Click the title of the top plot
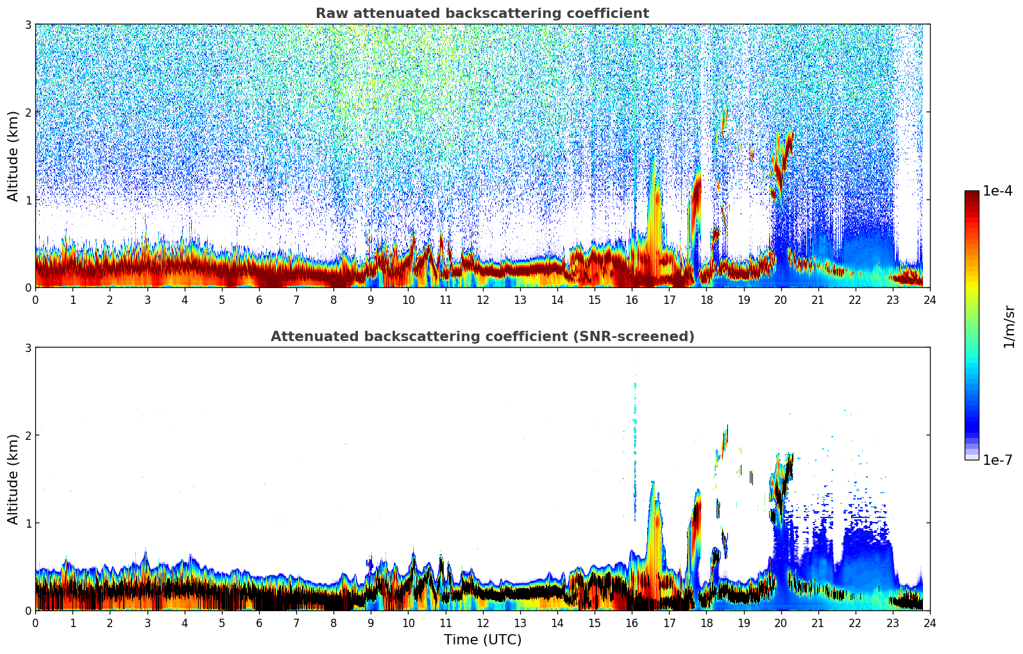(482, 13)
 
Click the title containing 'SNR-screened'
(482, 337)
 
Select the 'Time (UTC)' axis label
(482, 639)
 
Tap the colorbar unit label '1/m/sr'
(1009, 327)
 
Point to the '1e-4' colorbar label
(997, 191)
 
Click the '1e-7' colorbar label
(997, 460)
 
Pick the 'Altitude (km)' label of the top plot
(13, 156)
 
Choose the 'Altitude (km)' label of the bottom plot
(13, 479)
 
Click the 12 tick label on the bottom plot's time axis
(482, 623)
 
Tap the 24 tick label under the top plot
(929, 300)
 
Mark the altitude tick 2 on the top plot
(28, 112)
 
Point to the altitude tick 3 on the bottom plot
(28, 348)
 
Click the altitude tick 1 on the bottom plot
(28, 523)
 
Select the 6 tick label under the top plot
(259, 300)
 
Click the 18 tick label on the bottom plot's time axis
(706, 623)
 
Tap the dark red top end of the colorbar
(972, 194)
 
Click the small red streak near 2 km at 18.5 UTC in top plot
(725, 119)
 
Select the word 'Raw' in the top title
(330, 13)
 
